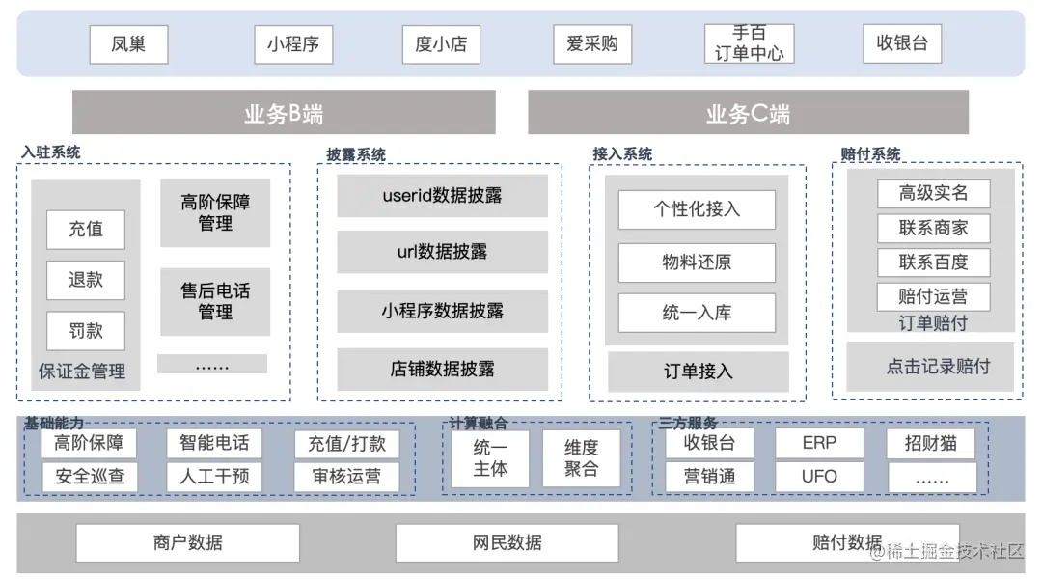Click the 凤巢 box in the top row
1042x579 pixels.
(128, 44)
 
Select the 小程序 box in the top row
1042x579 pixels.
(293, 44)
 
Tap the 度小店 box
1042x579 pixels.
(441, 44)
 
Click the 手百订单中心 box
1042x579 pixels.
(749, 44)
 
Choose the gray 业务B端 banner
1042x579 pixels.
(284, 113)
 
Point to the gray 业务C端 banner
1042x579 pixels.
(748, 113)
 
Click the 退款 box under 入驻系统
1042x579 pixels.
(86, 280)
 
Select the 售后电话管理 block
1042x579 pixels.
(214, 301)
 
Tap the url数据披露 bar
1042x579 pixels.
(442, 252)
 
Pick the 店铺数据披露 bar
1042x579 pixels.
(442, 369)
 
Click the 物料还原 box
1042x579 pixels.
(697, 262)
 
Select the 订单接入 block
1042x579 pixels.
(698, 372)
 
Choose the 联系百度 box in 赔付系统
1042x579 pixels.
(933, 262)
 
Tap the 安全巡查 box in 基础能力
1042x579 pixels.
(90, 477)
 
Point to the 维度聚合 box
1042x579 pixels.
(581, 458)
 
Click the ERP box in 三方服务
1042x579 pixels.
(819, 443)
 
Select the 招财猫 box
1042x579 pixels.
(931, 443)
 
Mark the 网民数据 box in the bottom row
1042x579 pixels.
(507, 542)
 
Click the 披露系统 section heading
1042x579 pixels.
(356, 154)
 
